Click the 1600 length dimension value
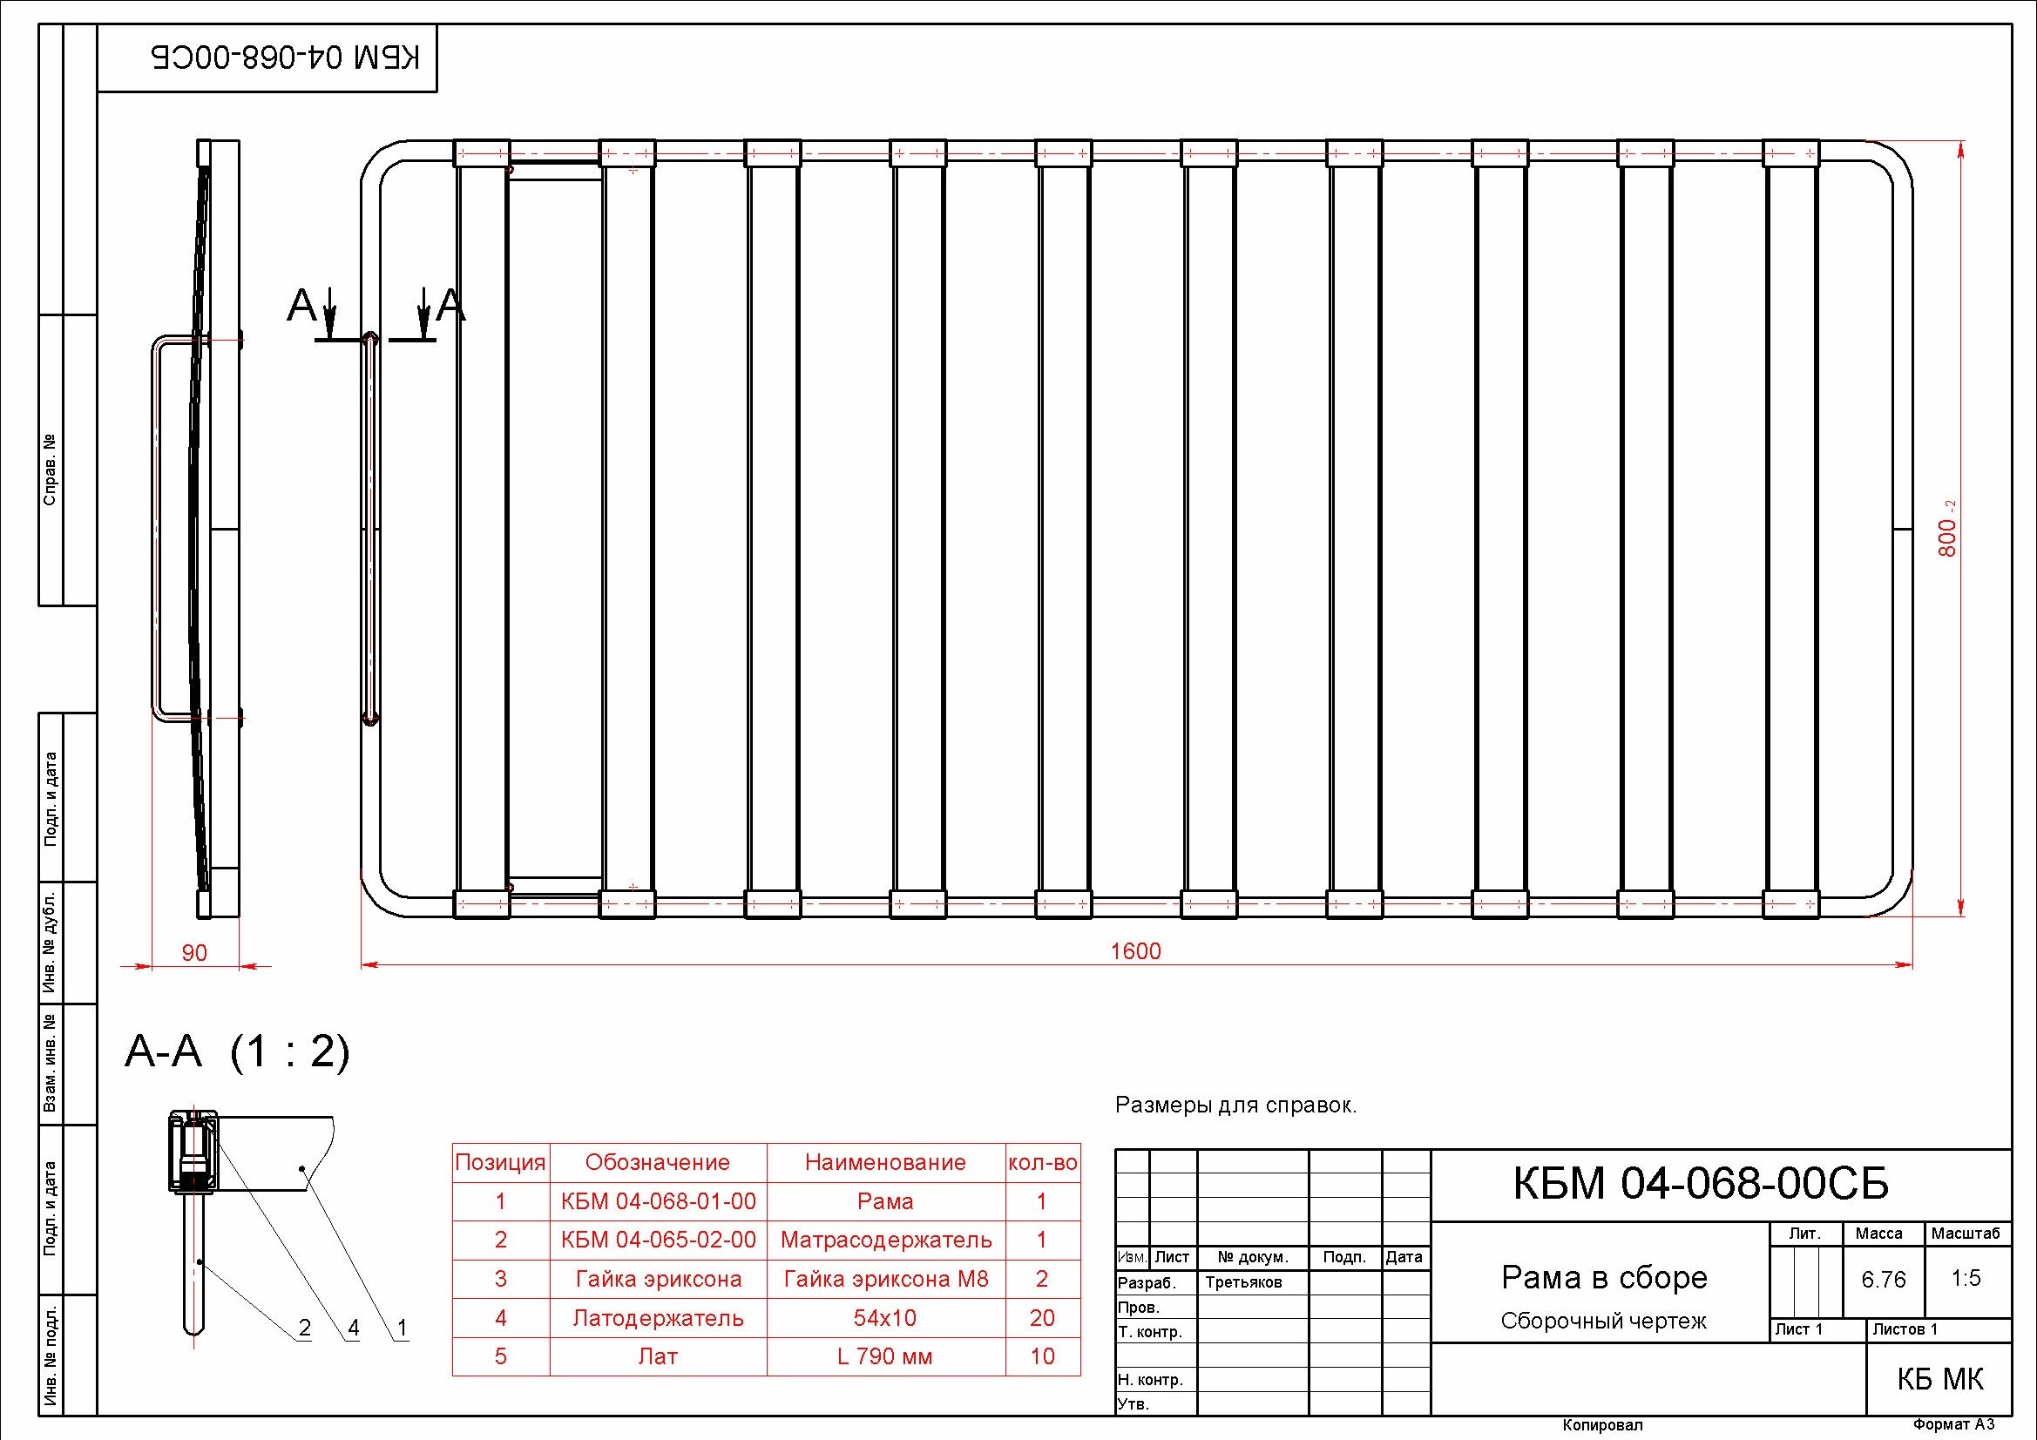click(x=1135, y=951)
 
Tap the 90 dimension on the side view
click(x=194, y=953)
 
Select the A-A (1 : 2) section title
click(x=238, y=1052)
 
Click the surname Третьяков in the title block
click(x=1244, y=1282)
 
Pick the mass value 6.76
click(x=1884, y=1280)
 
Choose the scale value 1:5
click(x=1966, y=1278)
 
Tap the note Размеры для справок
click(x=1235, y=1105)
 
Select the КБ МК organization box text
click(x=1940, y=1379)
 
